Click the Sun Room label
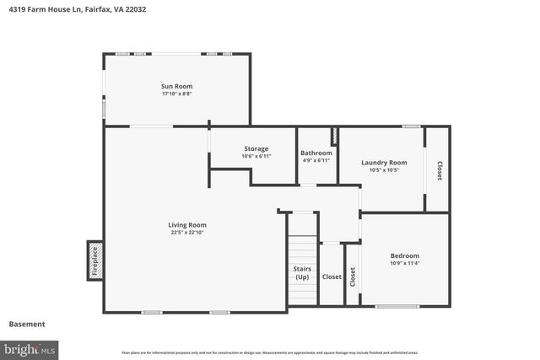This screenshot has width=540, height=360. pos(177,86)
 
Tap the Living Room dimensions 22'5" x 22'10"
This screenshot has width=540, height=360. pos(187,232)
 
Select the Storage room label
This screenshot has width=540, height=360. pos(256,148)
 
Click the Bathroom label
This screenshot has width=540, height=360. pos(316,153)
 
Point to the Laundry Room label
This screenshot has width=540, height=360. pos(384,163)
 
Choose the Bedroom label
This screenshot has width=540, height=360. pos(404,255)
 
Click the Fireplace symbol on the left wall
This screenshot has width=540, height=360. pos(94,261)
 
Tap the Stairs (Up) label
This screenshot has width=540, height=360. pos(301,272)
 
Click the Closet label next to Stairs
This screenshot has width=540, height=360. pos(332,277)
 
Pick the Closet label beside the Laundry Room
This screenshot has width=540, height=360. pos(439,170)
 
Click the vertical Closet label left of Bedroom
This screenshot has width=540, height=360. pos(353,275)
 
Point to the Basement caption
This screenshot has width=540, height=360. pos(27,324)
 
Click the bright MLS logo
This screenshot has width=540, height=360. pos(30,348)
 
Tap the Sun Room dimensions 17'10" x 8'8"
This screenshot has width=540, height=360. pos(177,94)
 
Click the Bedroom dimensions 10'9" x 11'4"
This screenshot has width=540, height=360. pos(404,263)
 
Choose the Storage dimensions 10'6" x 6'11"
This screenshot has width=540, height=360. pos(256,156)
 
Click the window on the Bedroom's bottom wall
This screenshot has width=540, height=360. pos(397,306)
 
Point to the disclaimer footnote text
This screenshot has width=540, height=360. pos(270,352)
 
